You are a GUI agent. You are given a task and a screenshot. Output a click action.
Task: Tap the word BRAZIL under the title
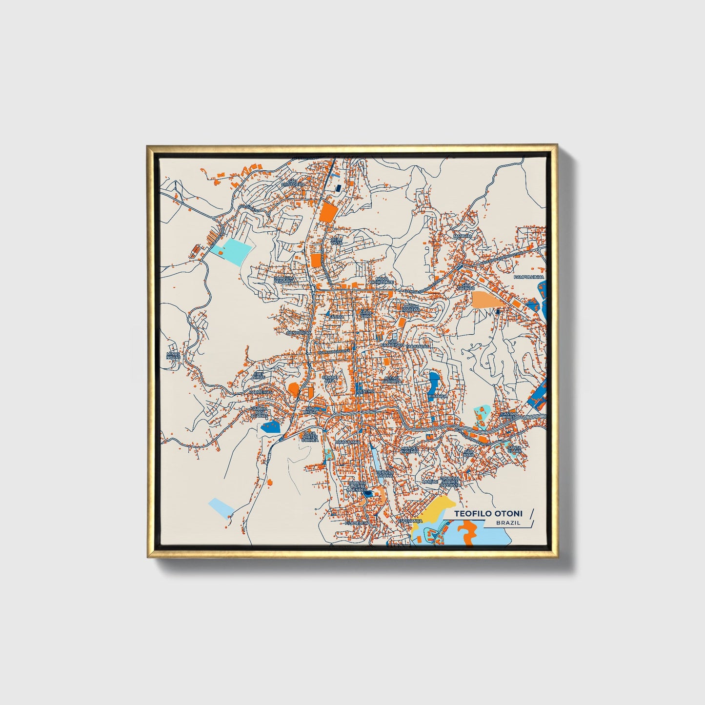508,523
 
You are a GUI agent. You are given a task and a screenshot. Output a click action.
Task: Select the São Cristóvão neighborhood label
292,182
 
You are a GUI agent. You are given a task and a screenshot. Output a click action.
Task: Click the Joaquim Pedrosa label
283,280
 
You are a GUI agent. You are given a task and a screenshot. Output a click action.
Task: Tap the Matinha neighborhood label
463,236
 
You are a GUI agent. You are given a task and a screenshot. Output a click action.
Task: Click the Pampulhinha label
528,277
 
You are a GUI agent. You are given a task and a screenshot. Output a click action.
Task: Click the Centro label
366,391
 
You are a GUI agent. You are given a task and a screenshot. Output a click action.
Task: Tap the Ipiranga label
437,397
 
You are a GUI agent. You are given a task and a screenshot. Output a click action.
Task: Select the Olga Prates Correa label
310,436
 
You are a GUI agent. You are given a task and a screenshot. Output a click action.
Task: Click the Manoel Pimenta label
410,449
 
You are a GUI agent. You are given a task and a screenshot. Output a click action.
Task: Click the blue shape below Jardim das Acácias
271,427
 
